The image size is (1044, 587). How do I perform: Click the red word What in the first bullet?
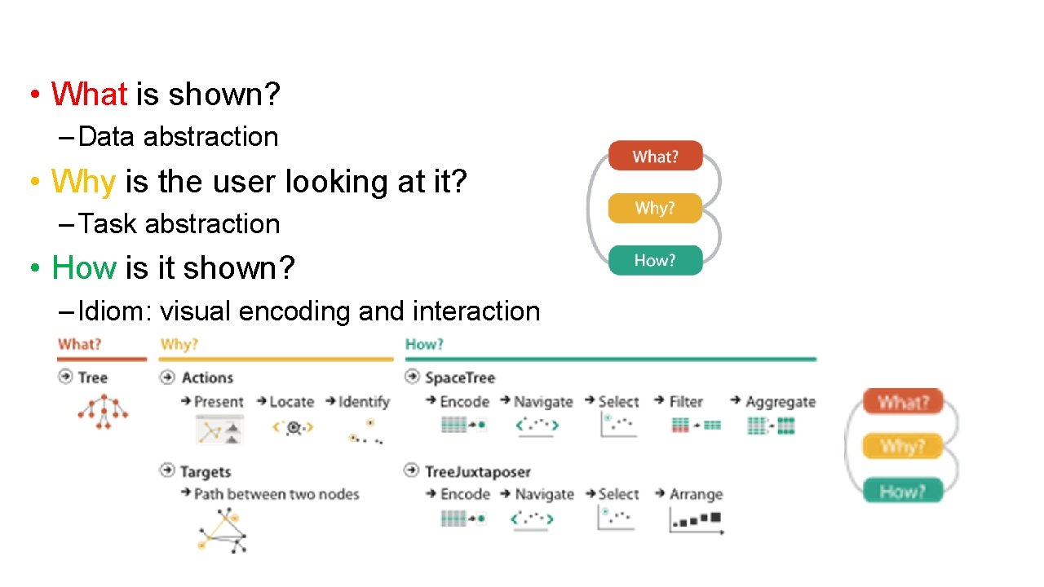pyautogui.click(x=89, y=95)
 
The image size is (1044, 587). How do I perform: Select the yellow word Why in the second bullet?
pyautogui.click(x=83, y=181)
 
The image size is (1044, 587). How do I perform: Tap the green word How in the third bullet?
pyautogui.click(x=83, y=267)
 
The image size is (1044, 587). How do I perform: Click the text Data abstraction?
pyautogui.click(x=179, y=137)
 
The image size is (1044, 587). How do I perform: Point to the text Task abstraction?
pyautogui.click(x=179, y=224)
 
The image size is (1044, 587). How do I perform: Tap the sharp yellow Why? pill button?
pyautogui.click(x=655, y=209)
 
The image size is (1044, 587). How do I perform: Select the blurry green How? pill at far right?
pyautogui.click(x=902, y=491)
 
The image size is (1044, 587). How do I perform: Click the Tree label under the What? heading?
pyautogui.click(x=92, y=377)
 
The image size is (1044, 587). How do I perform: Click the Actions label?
pyautogui.click(x=207, y=377)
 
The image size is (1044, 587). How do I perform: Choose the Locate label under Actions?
pyautogui.click(x=291, y=402)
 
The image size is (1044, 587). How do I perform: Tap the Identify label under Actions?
pyautogui.click(x=364, y=402)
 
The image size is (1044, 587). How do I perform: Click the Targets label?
pyautogui.click(x=205, y=471)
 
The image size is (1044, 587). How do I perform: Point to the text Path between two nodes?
pyautogui.click(x=276, y=494)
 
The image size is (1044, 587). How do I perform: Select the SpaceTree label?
pyautogui.click(x=459, y=377)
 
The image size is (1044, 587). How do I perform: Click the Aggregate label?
pyautogui.click(x=780, y=402)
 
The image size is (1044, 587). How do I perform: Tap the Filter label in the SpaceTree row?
pyautogui.click(x=686, y=402)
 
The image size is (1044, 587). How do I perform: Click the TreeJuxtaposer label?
pyautogui.click(x=477, y=471)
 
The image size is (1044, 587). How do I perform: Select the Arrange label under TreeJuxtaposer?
pyautogui.click(x=696, y=494)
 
